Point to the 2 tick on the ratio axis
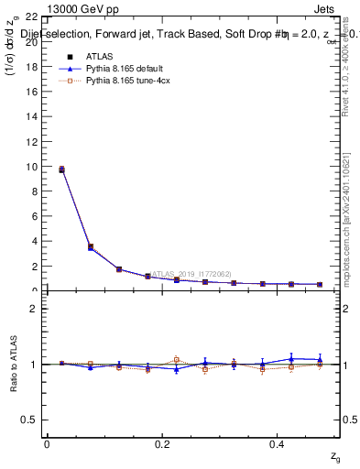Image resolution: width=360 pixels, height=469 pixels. [33, 309]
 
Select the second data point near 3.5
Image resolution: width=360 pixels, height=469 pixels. [90, 246]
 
